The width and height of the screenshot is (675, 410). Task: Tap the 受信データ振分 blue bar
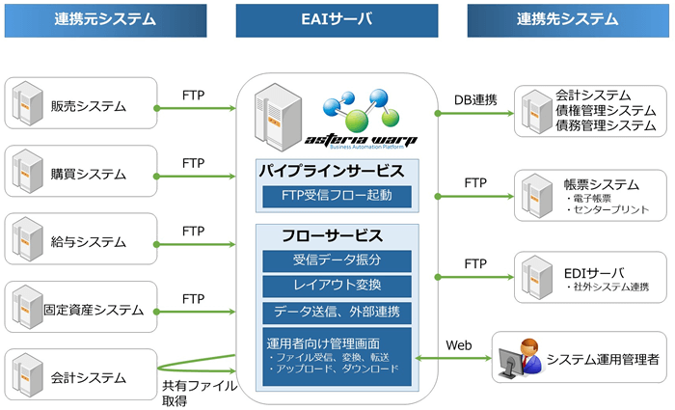pyautogui.click(x=337, y=260)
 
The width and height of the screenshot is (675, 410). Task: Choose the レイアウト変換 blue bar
pyautogui.click(x=337, y=286)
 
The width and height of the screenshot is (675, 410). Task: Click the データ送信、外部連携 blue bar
pyautogui.click(x=337, y=312)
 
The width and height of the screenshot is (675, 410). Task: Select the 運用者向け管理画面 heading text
pyautogui.click(x=323, y=342)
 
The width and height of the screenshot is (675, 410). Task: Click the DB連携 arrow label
pyautogui.click(x=474, y=99)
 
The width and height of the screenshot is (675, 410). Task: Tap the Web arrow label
pyautogui.click(x=458, y=345)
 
